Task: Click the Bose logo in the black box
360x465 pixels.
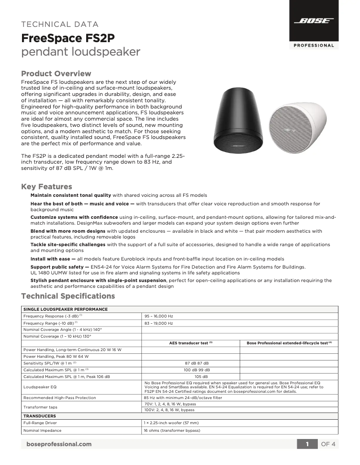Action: [x=314, y=21]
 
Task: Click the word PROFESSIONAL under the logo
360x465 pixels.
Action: [x=314, y=45]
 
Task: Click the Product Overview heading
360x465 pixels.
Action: [x=56, y=74]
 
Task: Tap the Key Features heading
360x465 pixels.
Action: [x=47, y=187]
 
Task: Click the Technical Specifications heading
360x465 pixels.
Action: [x=68, y=296]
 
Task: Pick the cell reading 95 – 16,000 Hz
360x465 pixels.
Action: [x=158, y=316]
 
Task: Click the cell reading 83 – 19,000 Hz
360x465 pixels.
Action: [x=158, y=323]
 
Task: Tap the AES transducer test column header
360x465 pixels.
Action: [x=190, y=343]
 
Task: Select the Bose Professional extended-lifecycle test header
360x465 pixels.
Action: [x=289, y=343]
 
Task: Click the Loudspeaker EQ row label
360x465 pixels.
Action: [x=40, y=386]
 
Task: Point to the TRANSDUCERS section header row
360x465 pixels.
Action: [x=40, y=416]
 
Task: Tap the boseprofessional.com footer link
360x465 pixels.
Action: [x=59, y=444]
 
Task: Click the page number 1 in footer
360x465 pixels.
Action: [x=307, y=444]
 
